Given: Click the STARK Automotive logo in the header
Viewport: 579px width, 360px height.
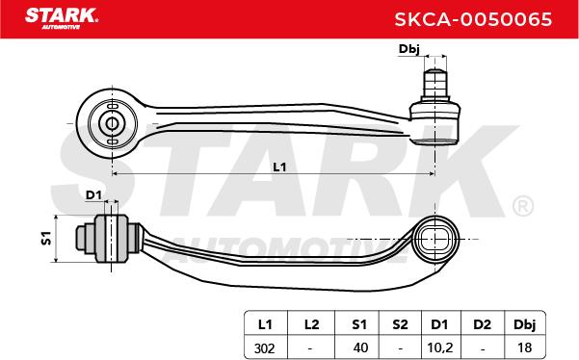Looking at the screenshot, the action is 62,18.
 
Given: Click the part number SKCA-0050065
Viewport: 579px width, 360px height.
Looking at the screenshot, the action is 473,19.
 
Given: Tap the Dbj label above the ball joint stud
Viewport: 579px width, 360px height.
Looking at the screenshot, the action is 409,49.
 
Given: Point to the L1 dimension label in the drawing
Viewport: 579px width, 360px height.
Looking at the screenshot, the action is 279,167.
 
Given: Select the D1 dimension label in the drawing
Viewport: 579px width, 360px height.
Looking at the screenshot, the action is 93,194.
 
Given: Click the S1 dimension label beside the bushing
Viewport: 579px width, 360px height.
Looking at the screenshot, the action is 46,238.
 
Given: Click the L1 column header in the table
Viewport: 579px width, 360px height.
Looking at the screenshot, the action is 265,324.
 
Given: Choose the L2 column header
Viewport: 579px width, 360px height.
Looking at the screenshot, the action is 311,324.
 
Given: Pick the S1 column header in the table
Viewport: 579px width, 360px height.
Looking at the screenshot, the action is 359,324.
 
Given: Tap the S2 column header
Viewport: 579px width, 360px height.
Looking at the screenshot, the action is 400,324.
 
